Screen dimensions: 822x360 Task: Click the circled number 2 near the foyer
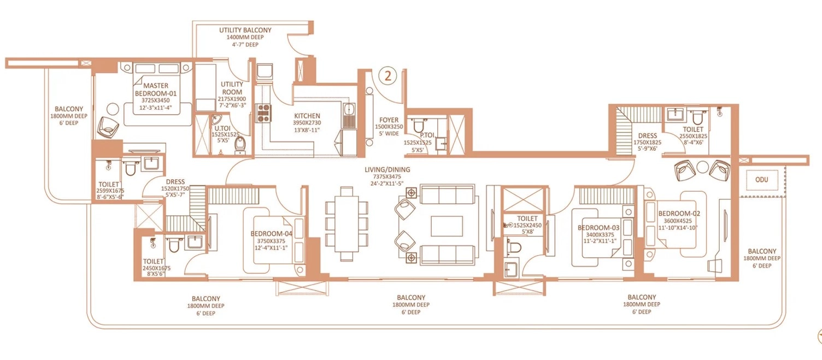[x=387, y=75]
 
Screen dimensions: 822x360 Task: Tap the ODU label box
[x=762, y=180]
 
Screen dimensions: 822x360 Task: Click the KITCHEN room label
[x=307, y=116]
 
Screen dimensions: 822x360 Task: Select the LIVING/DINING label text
[x=387, y=169]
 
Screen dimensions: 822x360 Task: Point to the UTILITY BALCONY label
[x=245, y=30]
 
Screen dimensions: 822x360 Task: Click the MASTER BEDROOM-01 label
[x=156, y=89]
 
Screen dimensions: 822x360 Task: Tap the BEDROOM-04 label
[x=272, y=233]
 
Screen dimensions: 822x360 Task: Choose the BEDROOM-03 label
[x=598, y=227]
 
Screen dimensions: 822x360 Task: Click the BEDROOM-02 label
[x=679, y=213]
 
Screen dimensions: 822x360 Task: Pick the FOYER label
[x=389, y=120]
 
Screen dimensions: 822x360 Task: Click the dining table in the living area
[x=346, y=224]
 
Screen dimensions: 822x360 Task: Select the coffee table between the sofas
[x=447, y=226]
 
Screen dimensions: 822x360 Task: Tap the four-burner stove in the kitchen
[x=263, y=113]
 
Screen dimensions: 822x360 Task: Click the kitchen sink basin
[x=349, y=109]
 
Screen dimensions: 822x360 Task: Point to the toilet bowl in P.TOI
[x=419, y=126]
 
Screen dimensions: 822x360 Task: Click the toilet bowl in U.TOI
[x=239, y=145]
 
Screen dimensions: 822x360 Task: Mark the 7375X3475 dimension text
[x=387, y=176]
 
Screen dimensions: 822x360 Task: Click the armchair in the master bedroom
[x=109, y=127]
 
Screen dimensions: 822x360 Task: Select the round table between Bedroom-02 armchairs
[x=702, y=167]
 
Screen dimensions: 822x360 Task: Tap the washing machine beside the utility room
[x=264, y=72]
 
